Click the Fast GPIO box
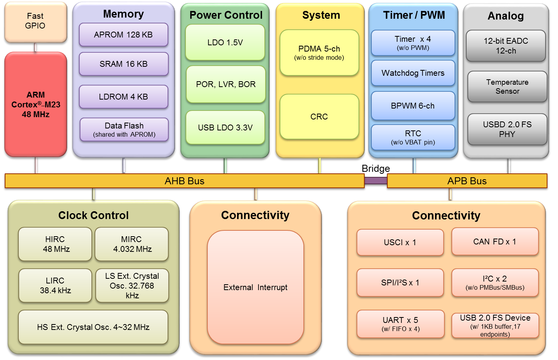36,21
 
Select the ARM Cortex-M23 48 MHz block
36,104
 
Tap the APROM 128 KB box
123,35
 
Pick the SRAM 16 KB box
123,64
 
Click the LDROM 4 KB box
123,97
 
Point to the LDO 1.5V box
225,43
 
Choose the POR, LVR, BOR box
226,84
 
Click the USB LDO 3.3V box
225,128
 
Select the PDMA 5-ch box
319,53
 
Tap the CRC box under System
319,117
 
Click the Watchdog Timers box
413,73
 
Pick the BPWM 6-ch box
413,106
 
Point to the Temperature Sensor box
507,87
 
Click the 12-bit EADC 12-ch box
506,46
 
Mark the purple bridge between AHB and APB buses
376,180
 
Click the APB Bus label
467,181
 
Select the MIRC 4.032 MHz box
132,244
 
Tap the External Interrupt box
255,287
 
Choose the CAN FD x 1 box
495,242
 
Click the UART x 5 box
401,324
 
